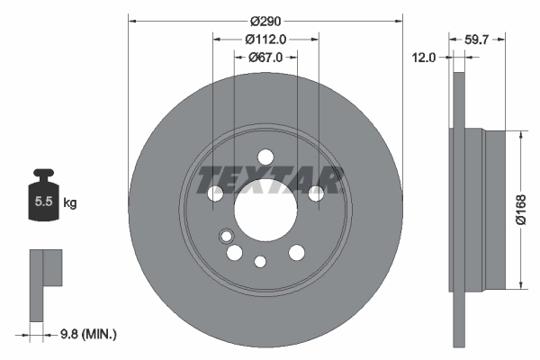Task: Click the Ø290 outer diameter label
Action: click(x=264, y=20)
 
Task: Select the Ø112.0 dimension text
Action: click(x=265, y=39)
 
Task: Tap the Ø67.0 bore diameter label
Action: click(x=265, y=57)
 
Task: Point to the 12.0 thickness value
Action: click(x=425, y=57)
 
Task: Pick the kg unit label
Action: click(x=70, y=202)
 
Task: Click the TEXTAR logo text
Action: click(x=269, y=179)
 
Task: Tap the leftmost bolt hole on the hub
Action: click(x=215, y=193)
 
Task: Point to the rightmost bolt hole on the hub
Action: click(x=315, y=193)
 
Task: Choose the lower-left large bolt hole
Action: click(x=234, y=253)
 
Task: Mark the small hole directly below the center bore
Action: click(x=260, y=262)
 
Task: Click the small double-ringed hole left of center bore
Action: click(x=223, y=238)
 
